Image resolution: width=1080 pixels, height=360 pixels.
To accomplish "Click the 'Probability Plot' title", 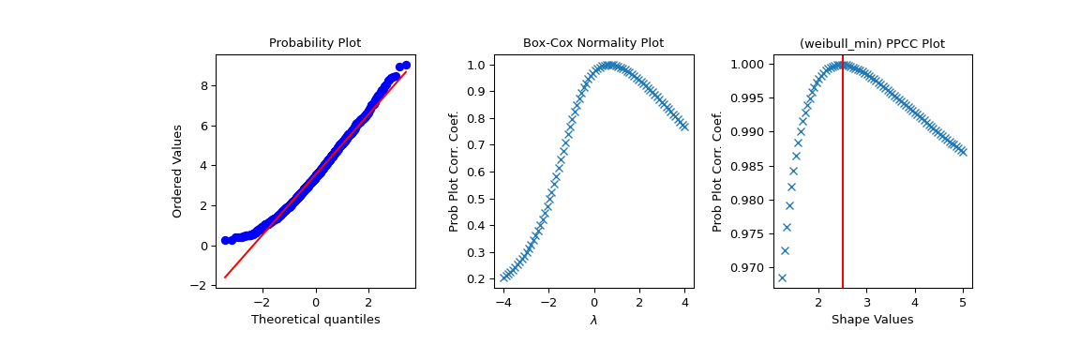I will click(315, 43).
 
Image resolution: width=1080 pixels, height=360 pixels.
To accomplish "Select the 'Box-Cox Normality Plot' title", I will click(592, 43).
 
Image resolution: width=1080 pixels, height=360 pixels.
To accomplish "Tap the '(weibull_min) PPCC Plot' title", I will click(871, 43).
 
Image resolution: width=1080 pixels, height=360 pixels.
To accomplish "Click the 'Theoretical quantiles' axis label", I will click(315, 320).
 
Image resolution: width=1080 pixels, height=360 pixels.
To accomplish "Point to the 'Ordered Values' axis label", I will click(177, 171).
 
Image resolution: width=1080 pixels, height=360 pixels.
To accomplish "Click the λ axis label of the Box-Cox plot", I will click(592, 320).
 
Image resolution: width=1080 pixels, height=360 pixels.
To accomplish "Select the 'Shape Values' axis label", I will click(871, 320).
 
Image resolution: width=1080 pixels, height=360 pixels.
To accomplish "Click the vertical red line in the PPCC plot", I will click(843, 187).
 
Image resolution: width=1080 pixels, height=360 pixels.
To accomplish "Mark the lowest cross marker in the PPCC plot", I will click(782, 277).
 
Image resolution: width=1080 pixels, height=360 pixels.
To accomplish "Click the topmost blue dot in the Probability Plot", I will click(406, 65).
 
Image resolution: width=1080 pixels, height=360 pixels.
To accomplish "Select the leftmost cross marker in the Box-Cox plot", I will click(503, 277).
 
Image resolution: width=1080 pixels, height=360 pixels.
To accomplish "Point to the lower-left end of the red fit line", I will click(225, 277).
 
